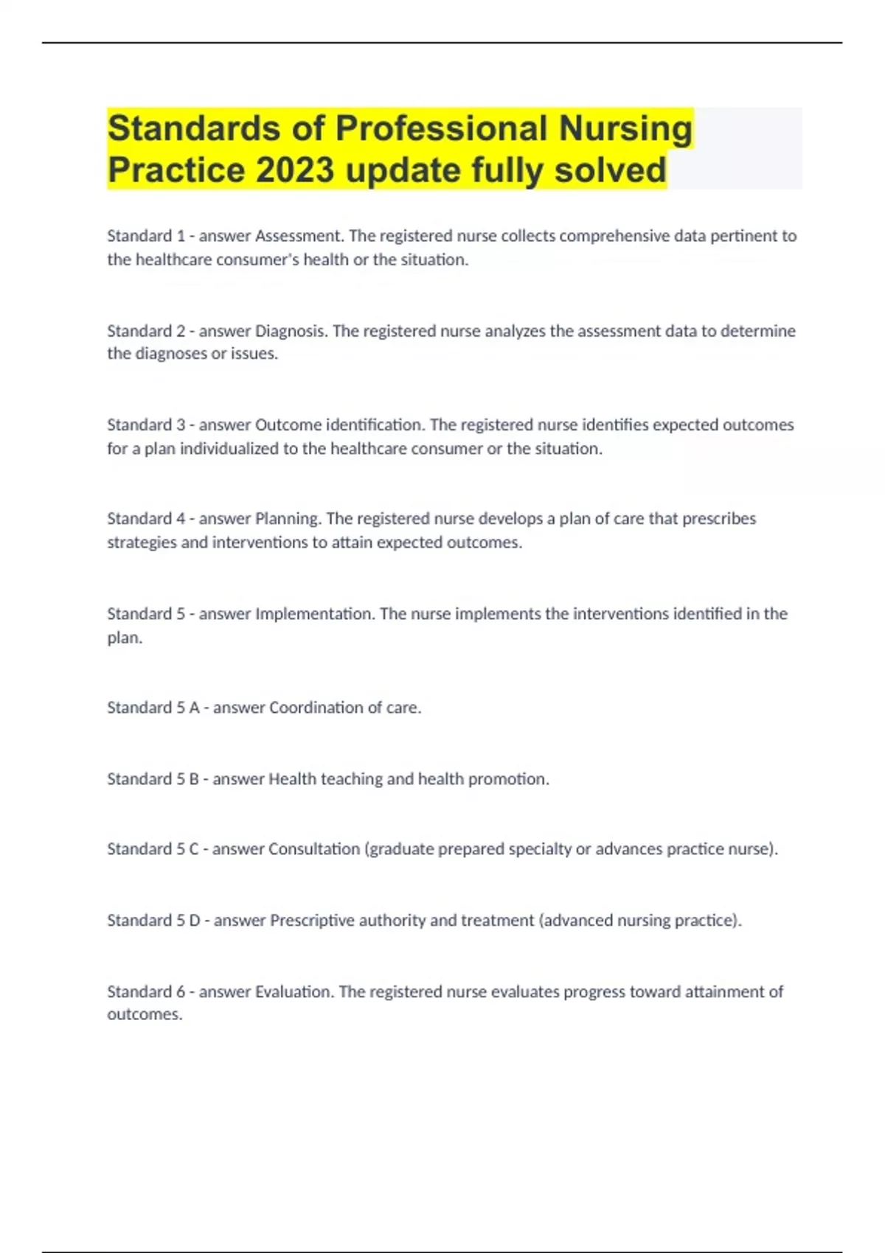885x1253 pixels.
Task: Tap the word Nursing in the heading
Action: point(625,128)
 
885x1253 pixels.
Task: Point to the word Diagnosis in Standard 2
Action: point(291,331)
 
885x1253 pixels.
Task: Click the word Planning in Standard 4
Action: point(288,519)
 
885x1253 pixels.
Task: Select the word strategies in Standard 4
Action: point(142,542)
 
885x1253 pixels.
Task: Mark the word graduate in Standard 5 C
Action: point(401,849)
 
